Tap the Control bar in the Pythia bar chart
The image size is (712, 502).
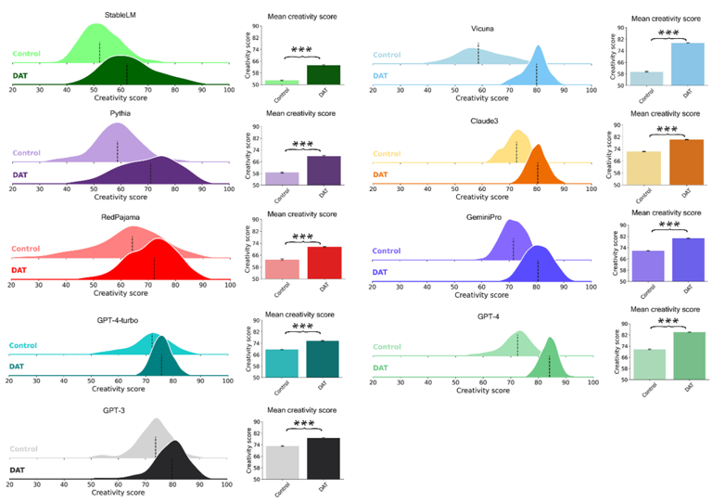coord(282,178)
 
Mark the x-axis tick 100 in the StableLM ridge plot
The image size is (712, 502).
coord(228,90)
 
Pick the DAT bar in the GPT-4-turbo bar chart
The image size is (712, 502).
coord(323,358)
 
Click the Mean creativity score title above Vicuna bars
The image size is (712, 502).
coord(665,18)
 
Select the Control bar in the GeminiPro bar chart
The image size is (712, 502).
coord(648,265)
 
